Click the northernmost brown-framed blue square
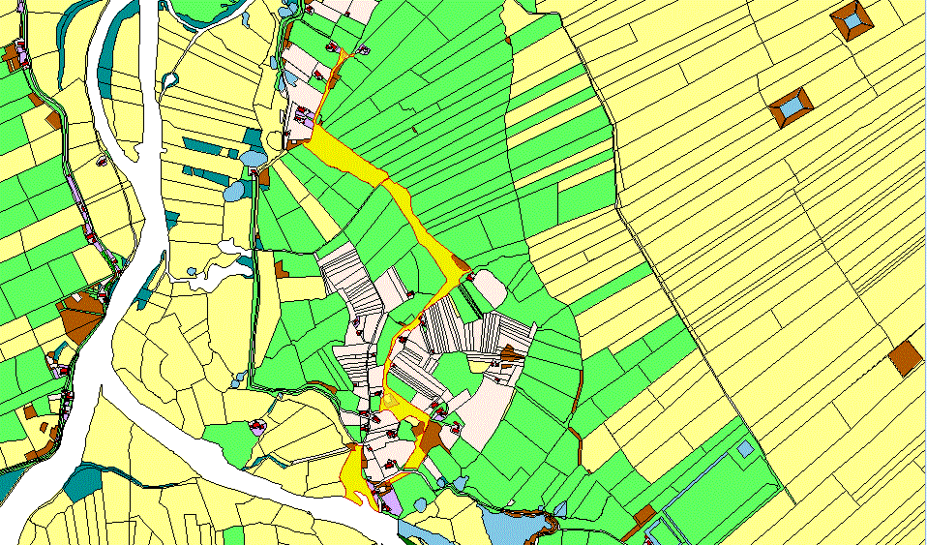point(852,19)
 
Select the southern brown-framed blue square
point(791,106)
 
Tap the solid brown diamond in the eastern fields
point(907,357)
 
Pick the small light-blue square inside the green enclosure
point(744,449)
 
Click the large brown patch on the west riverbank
point(80,317)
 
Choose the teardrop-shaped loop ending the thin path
point(171,79)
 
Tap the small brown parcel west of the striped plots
point(282,269)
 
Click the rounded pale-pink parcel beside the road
point(488,288)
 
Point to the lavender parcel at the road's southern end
point(389,502)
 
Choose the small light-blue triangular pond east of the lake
point(561,507)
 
